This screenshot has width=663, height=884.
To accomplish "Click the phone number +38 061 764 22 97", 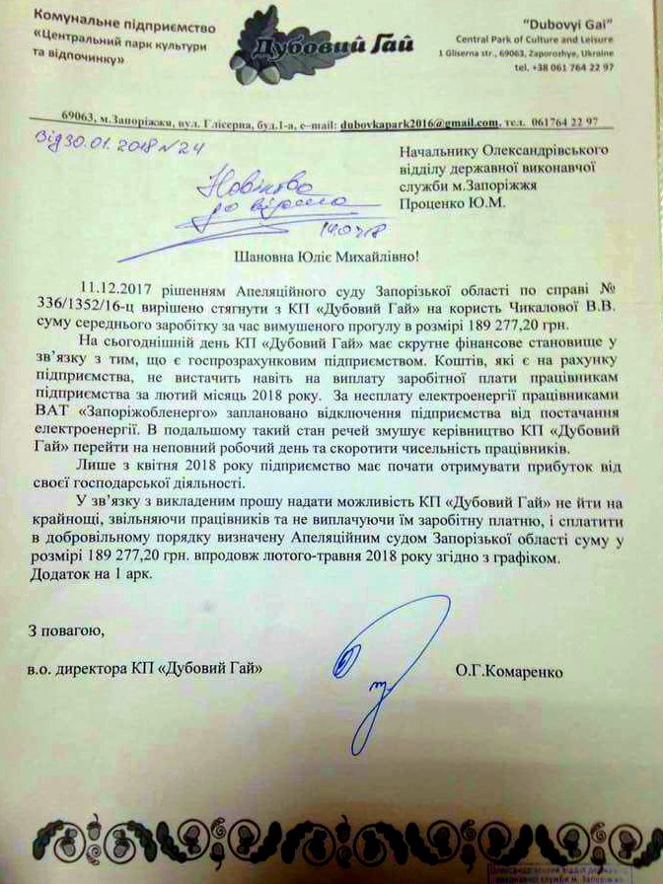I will [x=564, y=67].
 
